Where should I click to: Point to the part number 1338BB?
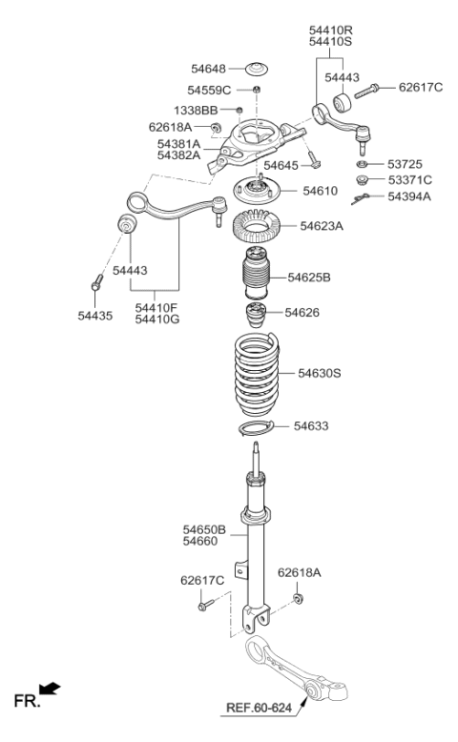(x=196, y=111)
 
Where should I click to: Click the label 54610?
(x=320, y=191)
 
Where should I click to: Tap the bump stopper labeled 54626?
(x=255, y=316)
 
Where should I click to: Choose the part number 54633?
(x=312, y=425)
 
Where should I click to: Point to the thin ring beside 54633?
(x=255, y=427)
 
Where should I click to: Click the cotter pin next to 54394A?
(x=359, y=197)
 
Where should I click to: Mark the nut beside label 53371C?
(x=363, y=179)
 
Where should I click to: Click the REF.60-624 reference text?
(x=260, y=708)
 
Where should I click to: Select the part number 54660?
(x=201, y=541)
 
